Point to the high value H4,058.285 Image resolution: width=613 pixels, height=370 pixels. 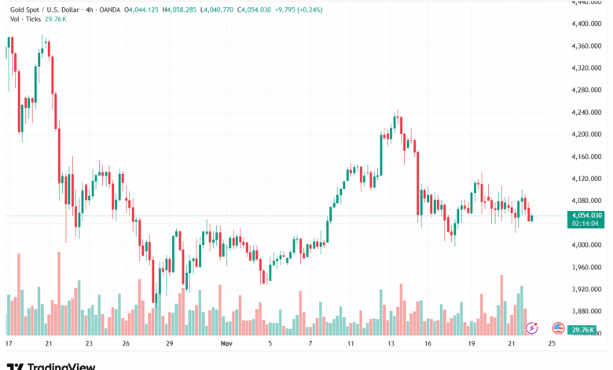(x=204, y=9)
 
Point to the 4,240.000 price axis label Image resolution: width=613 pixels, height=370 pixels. (x=585, y=112)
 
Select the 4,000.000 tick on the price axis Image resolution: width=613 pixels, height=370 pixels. (x=585, y=245)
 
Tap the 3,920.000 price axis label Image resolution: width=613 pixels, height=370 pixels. (x=585, y=289)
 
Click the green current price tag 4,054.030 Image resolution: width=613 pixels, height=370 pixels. (x=586, y=215)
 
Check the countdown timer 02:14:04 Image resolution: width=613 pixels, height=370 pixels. (x=586, y=224)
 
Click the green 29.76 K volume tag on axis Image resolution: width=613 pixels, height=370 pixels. (x=584, y=330)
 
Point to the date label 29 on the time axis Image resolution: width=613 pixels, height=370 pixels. (x=169, y=344)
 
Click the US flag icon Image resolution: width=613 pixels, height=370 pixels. (x=559, y=327)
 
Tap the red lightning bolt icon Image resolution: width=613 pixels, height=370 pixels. (x=532, y=327)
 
